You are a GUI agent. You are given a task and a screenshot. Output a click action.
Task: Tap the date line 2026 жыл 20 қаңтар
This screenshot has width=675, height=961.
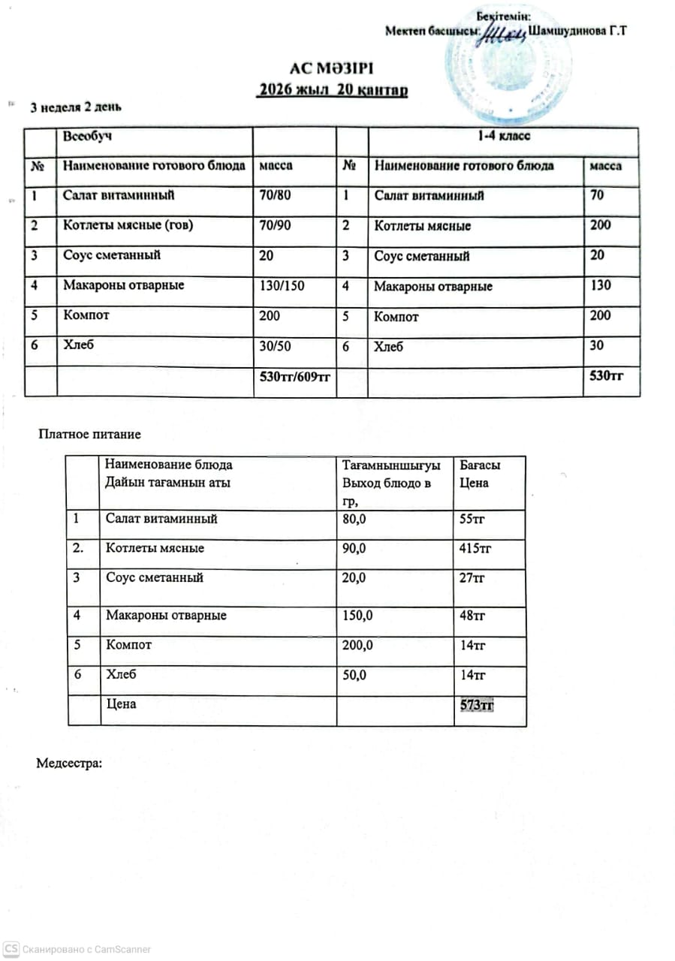click(x=332, y=91)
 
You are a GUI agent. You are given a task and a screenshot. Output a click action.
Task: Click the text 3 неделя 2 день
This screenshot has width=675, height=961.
click(x=75, y=107)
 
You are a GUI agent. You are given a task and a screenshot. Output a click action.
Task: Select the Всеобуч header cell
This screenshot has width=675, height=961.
click(x=89, y=137)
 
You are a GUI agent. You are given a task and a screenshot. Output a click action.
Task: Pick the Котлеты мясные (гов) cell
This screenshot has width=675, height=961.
click(x=128, y=224)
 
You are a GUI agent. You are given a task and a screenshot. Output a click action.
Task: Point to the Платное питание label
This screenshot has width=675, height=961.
click(x=90, y=434)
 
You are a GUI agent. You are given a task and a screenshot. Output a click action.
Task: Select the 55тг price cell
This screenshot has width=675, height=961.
click(x=472, y=518)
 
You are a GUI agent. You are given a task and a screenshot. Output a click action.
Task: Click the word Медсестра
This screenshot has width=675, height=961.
click(x=68, y=764)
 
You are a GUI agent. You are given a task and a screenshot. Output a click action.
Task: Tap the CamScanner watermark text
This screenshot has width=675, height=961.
click(x=86, y=950)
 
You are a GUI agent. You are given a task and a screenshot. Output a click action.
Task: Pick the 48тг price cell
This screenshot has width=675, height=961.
click(x=472, y=616)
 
